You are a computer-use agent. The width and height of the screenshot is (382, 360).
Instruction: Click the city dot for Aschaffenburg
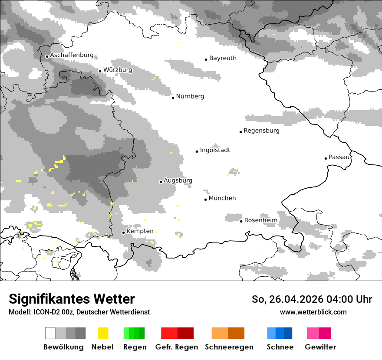(47, 56)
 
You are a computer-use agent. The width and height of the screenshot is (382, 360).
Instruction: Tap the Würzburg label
(118, 69)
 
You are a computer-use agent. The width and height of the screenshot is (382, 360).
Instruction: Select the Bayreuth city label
(223, 58)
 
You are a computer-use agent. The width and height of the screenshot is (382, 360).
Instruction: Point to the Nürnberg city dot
(173, 98)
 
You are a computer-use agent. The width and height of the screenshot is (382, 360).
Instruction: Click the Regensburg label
(261, 131)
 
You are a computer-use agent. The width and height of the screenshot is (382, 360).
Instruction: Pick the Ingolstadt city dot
(197, 151)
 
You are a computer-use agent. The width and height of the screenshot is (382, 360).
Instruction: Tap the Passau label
(339, 157)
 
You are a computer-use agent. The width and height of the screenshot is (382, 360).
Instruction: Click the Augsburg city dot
(161, 182)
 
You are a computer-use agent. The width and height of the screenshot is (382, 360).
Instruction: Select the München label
(222, 198)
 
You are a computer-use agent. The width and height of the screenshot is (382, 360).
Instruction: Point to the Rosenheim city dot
(241, 221)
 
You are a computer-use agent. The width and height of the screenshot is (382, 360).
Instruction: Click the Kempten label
(140, 231)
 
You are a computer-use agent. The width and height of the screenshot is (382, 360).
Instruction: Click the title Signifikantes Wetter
(72, 299)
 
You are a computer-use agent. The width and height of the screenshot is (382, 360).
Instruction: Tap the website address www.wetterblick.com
(313, 312)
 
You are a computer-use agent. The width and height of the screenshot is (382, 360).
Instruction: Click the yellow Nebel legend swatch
(103, 333)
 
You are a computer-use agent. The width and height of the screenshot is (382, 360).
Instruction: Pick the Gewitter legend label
(320, 347)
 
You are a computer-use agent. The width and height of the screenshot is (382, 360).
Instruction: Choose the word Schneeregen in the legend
(229, 347)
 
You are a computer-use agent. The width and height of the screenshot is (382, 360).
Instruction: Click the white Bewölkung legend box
(50, 333)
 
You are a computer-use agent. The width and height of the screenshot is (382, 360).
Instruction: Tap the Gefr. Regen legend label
(177, 347)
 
